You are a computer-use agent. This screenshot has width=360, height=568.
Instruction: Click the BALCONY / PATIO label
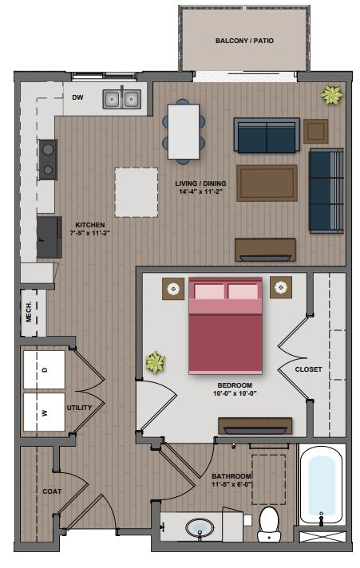(245, 41)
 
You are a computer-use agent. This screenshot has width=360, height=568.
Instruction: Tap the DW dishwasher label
(78, 98)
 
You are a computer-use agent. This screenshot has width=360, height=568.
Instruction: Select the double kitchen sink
(122, 99)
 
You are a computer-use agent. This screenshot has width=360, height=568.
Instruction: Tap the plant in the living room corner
(330, 97)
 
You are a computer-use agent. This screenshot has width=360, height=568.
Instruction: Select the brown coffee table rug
(267, 183)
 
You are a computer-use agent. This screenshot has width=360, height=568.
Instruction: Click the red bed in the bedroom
(225, 325)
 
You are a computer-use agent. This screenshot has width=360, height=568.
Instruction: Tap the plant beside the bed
(154, 364)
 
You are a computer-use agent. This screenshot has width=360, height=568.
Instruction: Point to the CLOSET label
(308, 369)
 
